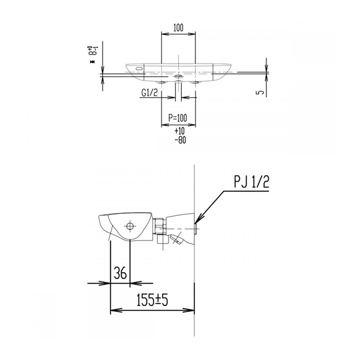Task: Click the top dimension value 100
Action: point(178,28)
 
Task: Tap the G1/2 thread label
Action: point(149,92)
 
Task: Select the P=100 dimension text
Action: point(178,118)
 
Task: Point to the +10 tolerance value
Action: point(179,131)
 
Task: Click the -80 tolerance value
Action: point(180,140)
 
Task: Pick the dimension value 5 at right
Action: point(260,92)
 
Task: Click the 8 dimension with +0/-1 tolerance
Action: point(92,52)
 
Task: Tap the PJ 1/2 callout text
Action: point(251,182)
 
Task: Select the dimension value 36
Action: point(121,273)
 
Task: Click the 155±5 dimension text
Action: point(152,300)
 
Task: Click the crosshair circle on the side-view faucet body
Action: point(130,226)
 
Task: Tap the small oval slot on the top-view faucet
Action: point(139,68)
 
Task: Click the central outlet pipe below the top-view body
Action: point(178,91)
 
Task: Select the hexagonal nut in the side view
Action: point(160,226)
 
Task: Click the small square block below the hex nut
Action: point(163,239)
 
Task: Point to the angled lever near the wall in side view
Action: point(177,239)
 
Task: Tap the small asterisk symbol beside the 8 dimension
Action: point(92,62)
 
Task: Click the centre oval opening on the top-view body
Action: point(178,76)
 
